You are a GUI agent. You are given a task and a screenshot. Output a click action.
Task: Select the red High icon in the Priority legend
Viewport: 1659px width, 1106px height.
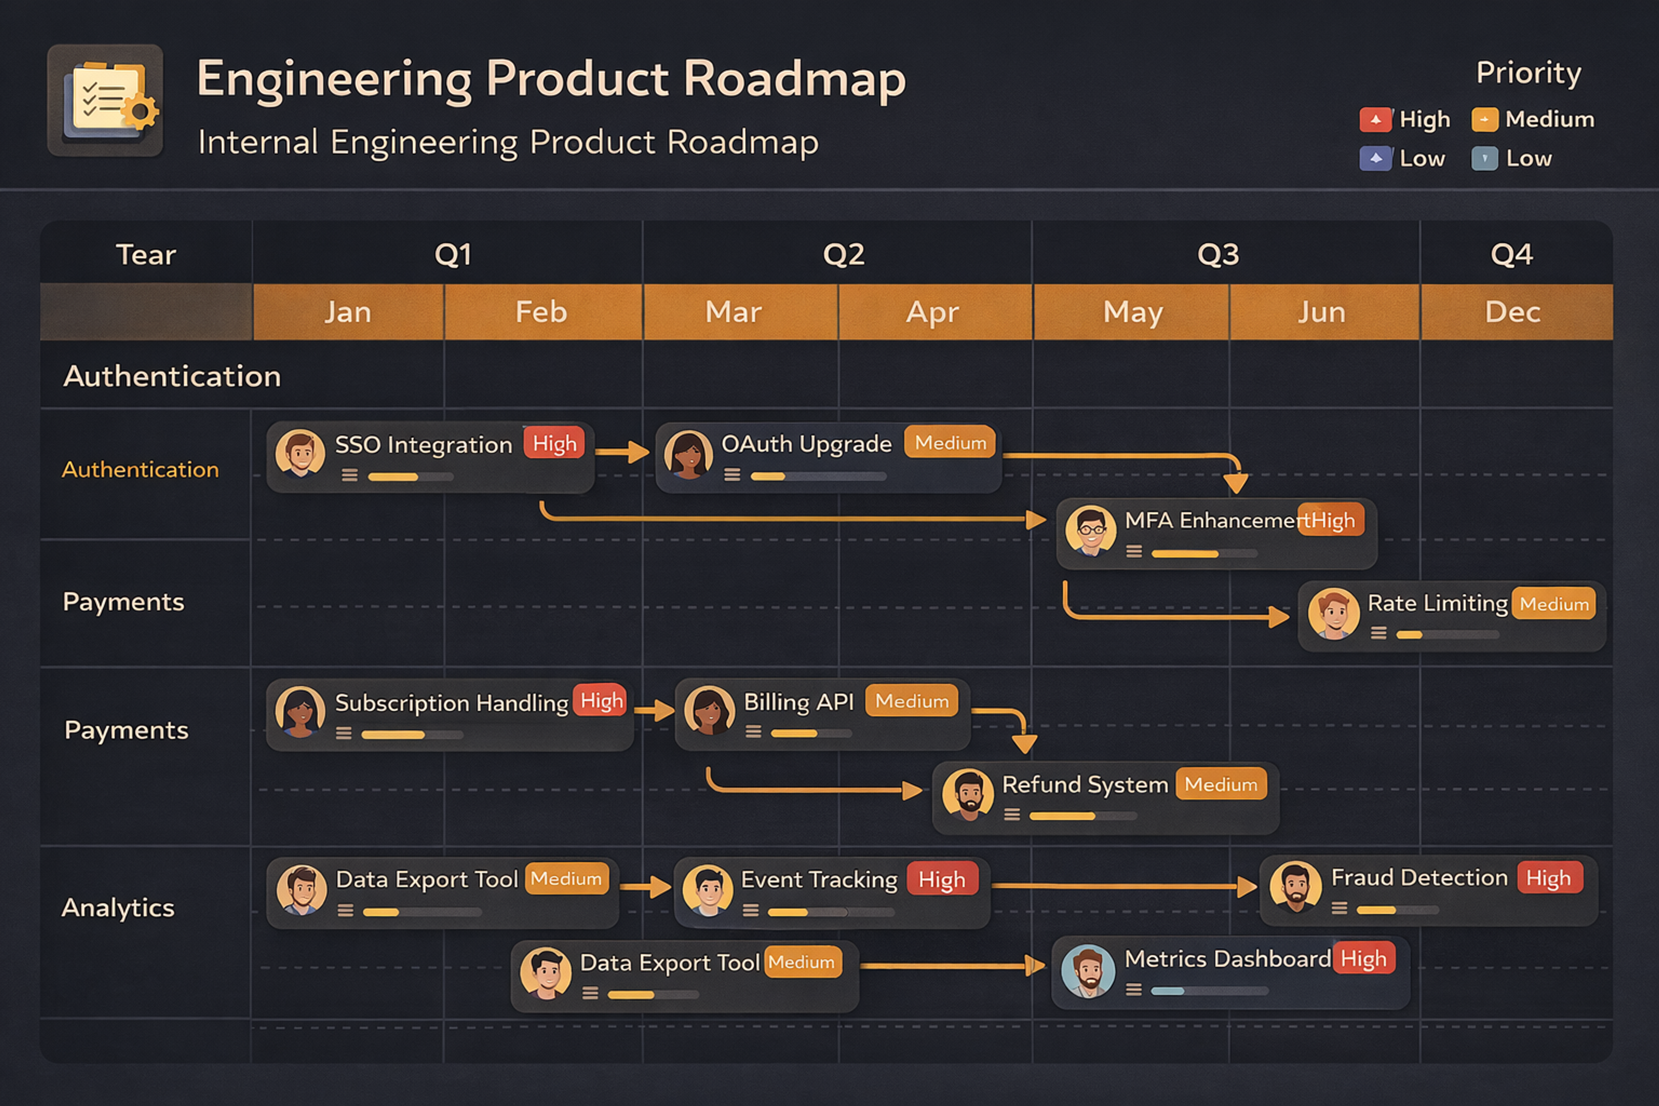[1375, 120]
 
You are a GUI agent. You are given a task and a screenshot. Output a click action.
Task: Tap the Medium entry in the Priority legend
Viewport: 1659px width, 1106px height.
[1533, 120]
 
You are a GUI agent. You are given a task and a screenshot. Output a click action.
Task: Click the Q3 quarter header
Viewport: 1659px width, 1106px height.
[1218, 254]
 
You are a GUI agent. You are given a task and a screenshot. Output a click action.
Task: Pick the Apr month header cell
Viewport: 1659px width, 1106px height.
[932, 312]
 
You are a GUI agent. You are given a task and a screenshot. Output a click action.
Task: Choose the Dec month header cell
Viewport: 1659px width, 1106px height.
[1512, 312]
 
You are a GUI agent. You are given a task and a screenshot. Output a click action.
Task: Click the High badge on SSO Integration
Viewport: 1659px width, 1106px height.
[554, 444]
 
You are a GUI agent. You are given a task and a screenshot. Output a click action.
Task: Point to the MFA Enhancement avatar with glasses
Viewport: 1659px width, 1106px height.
[1090, 531]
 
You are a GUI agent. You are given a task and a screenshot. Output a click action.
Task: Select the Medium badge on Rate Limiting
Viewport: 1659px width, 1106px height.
[1554, 604]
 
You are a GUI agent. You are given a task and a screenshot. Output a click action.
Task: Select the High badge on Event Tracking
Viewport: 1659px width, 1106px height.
[942, 880]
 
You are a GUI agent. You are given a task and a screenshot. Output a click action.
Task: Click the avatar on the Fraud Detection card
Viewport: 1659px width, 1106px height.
[1295, 886]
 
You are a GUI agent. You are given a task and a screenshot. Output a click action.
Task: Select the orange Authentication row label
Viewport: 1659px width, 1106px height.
[140, 470]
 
